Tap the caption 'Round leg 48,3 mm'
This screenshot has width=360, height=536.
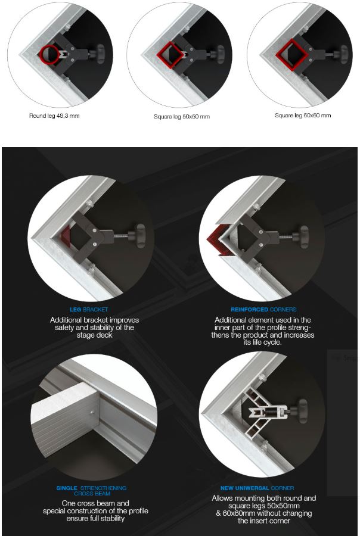54,116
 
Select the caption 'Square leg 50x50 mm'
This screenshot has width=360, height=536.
182,117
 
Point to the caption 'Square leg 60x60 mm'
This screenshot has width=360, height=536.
303,116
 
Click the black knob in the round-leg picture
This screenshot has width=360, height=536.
100,54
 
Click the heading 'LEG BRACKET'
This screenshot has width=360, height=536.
89,309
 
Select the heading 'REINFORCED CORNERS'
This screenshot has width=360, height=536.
263,309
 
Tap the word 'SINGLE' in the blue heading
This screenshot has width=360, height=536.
67,488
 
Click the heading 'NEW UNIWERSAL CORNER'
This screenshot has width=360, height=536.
257,488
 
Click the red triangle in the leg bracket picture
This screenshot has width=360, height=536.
66,236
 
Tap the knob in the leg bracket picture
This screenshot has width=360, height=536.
141,236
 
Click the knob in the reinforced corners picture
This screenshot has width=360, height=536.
303,236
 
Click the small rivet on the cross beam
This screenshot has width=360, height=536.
92,412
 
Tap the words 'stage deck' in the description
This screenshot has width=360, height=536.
94,335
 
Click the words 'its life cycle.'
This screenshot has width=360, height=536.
262,342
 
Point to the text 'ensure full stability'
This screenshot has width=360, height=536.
95,519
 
